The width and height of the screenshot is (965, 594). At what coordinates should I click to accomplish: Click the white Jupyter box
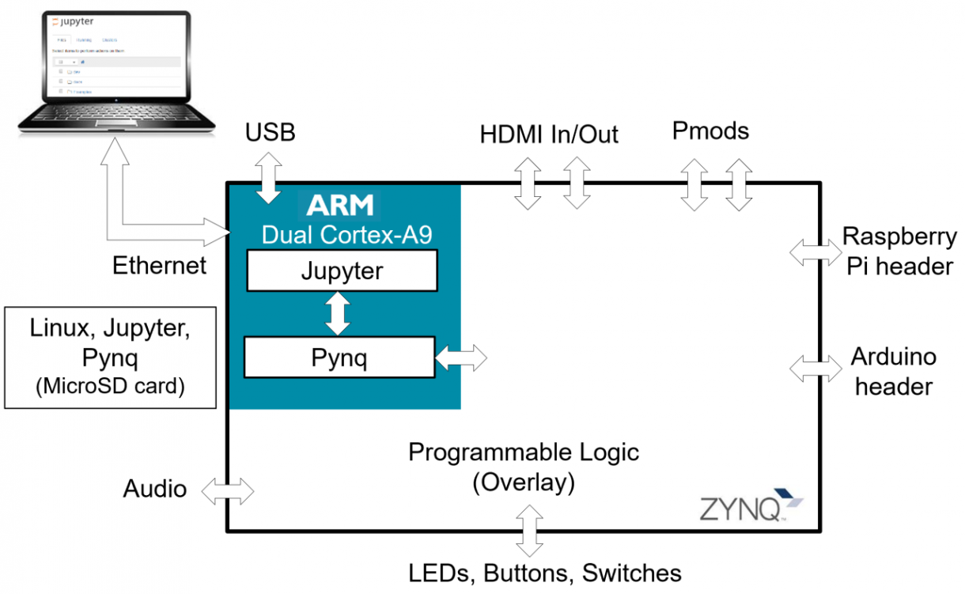coord(342,271)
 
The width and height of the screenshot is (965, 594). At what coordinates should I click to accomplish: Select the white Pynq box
coord(339,358)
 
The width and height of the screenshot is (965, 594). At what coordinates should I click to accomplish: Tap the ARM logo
coord(340,206)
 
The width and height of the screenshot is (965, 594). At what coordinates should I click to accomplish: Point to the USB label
coord(270,132)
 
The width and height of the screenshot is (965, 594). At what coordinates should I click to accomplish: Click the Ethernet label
coord(159,265)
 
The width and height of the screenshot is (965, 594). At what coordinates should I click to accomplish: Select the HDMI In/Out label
coord(549,134)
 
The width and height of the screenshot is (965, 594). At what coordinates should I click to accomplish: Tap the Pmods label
coord(710,131)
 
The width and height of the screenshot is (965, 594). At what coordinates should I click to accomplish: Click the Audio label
coord(155,489)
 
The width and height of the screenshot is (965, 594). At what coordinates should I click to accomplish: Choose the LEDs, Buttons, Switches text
coord(545,572)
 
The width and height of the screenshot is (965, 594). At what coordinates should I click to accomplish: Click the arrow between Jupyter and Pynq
coord(339,314)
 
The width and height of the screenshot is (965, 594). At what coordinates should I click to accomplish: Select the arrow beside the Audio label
coord(228,490)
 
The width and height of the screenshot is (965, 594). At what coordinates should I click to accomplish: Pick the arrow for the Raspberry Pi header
coord(816,252)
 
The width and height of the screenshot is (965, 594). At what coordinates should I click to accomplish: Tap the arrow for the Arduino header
coord(816,367)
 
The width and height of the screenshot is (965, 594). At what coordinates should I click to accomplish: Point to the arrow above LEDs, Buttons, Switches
coord(529,531)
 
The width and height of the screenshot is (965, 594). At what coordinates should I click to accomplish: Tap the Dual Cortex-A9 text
coord(347,234)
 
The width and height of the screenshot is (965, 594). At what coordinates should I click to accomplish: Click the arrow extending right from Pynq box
coord(461,358)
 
